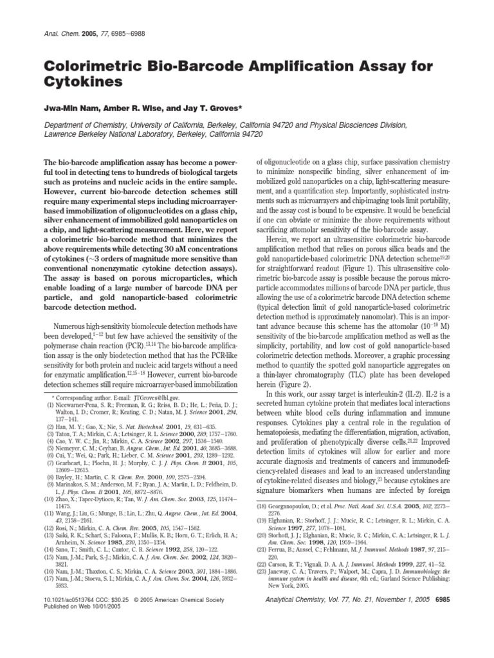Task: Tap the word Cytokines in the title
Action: [x=80, y=83]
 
